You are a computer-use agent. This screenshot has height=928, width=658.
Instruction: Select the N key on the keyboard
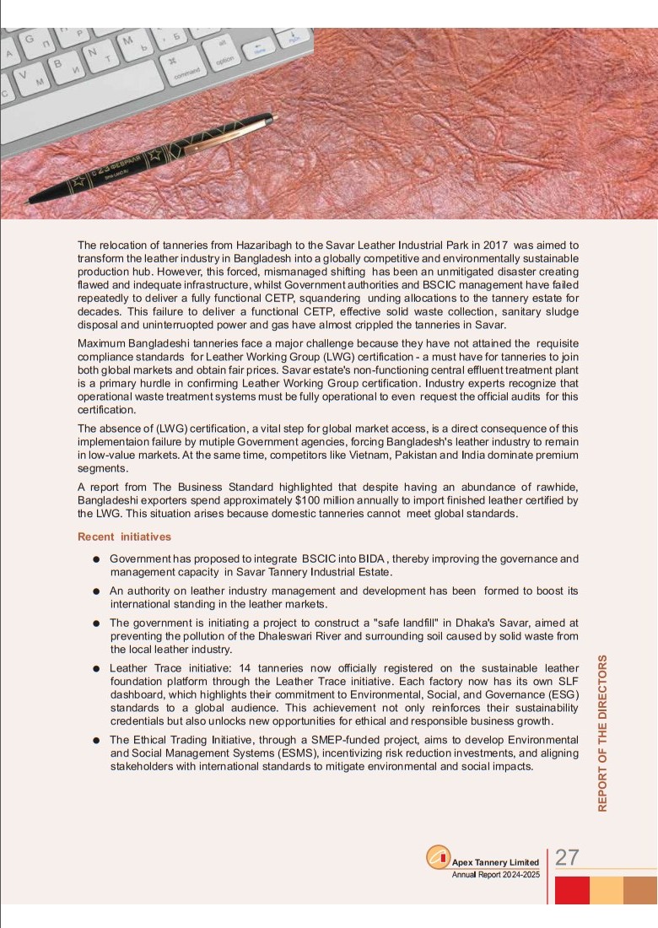click(91, 52)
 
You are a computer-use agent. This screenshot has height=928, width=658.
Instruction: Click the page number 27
click(567, 857)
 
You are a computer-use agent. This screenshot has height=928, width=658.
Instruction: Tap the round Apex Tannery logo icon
click(438, 857)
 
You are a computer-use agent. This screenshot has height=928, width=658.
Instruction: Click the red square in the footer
click(572, 890)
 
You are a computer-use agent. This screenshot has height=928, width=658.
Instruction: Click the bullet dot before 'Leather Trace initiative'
click(97, 668)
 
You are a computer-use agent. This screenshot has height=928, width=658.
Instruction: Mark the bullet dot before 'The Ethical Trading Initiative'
click(97, 740)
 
